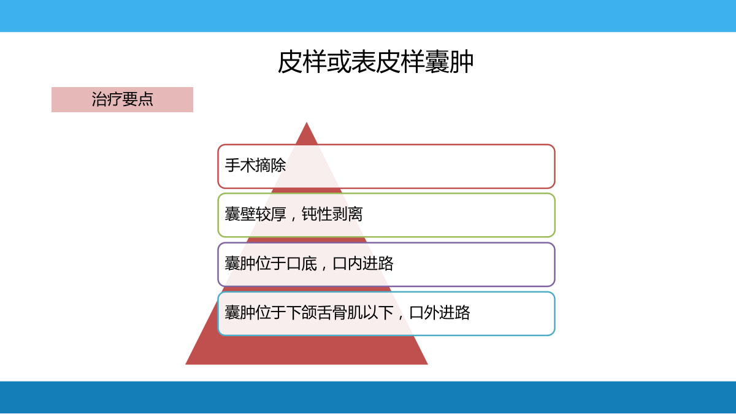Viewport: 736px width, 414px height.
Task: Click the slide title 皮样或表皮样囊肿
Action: click(x=375, y=62)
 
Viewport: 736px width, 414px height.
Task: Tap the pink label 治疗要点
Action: click(x=122, y=99)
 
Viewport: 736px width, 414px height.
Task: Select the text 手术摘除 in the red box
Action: click(x=255, y=165)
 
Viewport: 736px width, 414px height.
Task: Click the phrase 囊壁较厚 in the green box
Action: click(x=255, y=214)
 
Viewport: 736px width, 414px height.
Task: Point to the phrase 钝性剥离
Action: click(x=332, y=214)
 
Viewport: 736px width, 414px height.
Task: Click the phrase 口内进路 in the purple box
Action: click(x=362, y=264)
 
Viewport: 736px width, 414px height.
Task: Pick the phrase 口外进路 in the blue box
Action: click(x=440, y=312)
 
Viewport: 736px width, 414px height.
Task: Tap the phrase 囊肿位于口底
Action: click(x=270, y=264)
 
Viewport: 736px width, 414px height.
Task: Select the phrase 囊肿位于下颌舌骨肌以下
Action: click(x=309, y=312)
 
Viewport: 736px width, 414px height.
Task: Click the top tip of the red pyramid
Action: click(x=307, y=123)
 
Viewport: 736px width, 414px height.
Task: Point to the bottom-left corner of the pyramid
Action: click(x=186, y=364)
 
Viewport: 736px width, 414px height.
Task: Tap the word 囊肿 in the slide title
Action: click(x=449, y=62)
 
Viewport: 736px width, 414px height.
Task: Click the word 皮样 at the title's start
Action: click(x=302, y=62)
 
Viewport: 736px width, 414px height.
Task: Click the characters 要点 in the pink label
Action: click(x=137, y=99)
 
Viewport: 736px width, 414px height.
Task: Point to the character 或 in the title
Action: click(x=339, y=62)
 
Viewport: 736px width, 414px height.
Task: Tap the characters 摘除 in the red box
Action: click(x=270, y=165)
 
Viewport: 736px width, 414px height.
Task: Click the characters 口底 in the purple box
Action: click(x=302, y=264)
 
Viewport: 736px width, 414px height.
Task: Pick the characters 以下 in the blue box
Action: click(x=378, y=312)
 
